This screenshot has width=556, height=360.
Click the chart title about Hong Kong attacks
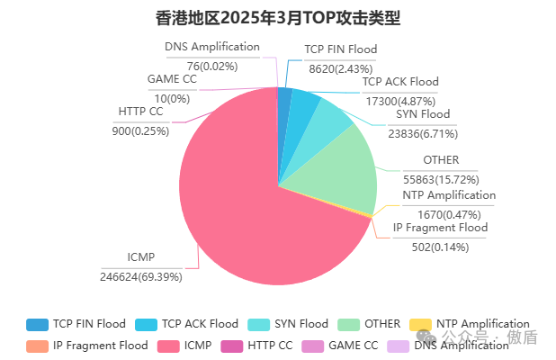(278, 17)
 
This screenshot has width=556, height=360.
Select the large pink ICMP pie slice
(234, 198)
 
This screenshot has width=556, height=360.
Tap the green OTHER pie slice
(337, 171)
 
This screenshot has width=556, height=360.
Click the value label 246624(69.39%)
(141, 276)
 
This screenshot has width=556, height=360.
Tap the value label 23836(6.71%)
(423, 133)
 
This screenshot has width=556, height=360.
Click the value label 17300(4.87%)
(399, 99)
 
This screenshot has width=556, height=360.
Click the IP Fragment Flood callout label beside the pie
(440, 228)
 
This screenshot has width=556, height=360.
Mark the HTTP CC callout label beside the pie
(140, 112)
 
